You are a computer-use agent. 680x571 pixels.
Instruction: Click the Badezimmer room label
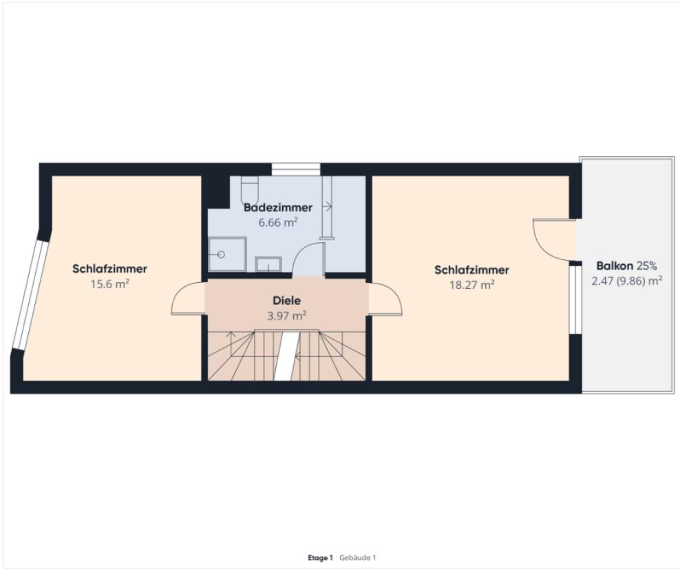(x=278, y=208)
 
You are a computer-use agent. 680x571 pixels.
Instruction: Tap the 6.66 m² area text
(x=278, y=222)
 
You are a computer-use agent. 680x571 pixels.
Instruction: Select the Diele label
(x=286, y=301)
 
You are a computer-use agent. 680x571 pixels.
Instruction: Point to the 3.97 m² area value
(x=286, y=316)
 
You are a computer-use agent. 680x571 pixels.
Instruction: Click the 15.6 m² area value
(x=109, y=284)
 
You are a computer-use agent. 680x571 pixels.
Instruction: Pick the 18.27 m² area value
(x=472, y=285)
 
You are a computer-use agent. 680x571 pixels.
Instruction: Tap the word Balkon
(x=615, y=266)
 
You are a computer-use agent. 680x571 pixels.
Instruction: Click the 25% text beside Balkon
(x=646, y=266)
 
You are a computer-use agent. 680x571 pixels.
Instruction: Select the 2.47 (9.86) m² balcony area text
(x=626, y=281)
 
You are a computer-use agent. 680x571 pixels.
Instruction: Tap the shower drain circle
(x=221, y=255)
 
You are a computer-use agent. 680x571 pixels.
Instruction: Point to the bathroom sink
(x=268, y=264)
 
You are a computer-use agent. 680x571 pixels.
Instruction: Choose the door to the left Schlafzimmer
(x=188, y=299)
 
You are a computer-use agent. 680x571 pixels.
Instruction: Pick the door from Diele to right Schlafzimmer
(x=385, y=299)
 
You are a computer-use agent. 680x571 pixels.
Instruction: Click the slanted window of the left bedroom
(x=30, y=295)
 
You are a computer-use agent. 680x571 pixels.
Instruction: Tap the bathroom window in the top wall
(x=296, y=169)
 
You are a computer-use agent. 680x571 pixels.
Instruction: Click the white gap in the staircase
(x=286, y=356)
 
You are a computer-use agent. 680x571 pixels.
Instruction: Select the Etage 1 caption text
(x=320, y=558)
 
